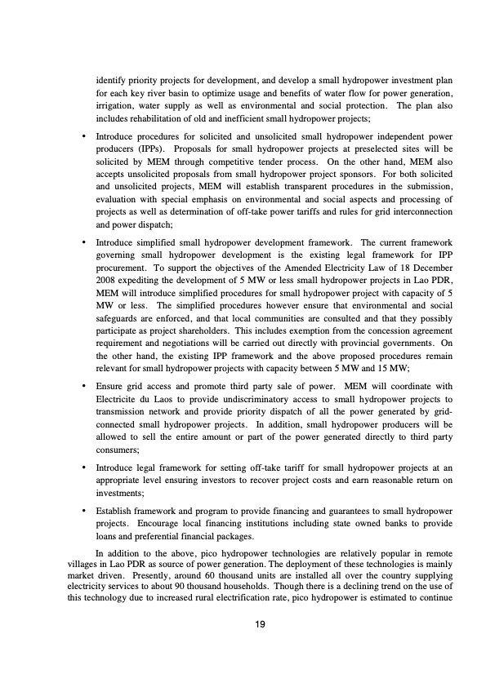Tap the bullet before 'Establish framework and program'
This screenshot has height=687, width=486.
coord(84,512)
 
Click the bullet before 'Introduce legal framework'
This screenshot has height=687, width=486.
coord(84,470)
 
